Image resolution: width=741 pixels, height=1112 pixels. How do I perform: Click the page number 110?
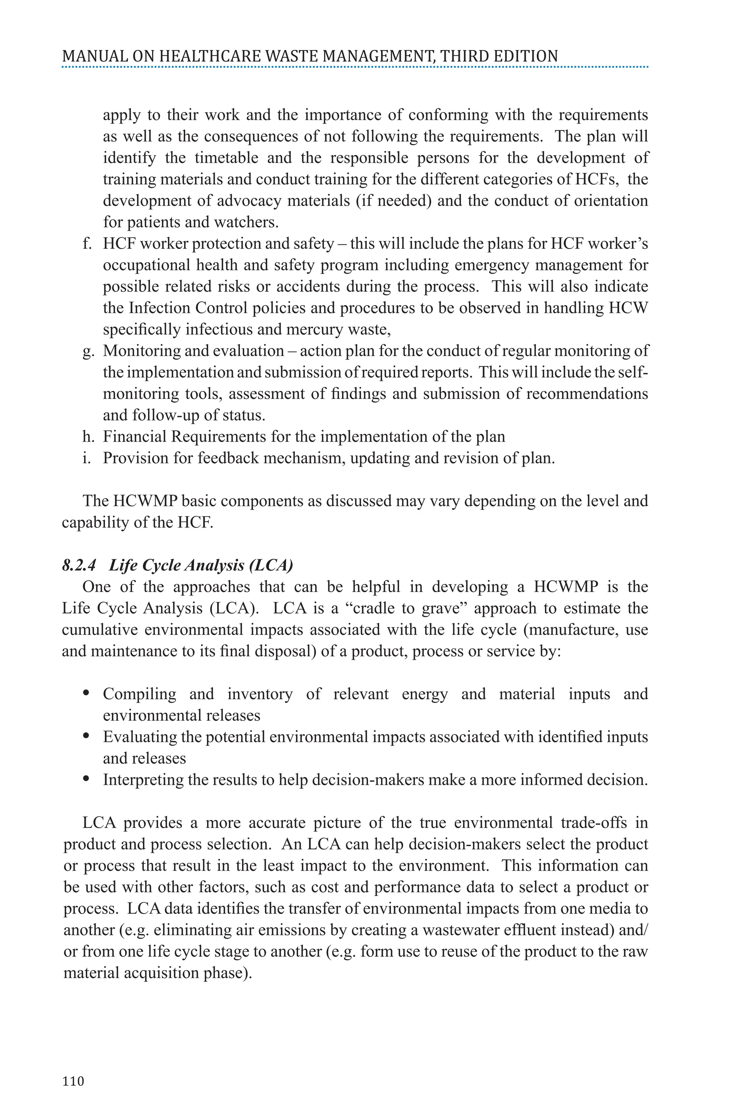[x=73, y=1081]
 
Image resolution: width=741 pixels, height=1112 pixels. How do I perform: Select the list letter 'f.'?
[x=86, y=244]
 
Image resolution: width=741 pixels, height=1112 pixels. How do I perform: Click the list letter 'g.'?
[x=88, y=351]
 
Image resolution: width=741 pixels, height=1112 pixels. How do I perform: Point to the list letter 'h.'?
[x=88, y=437]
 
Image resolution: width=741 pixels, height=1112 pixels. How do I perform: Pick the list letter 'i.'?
[x=86, y=458]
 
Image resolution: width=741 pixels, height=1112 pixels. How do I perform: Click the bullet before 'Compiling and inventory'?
[x=86, y=694]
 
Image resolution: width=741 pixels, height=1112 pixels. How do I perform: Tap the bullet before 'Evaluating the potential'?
[x=86, y=737]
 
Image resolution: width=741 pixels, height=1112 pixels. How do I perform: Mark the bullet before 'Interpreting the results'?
[x=86, y=779]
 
